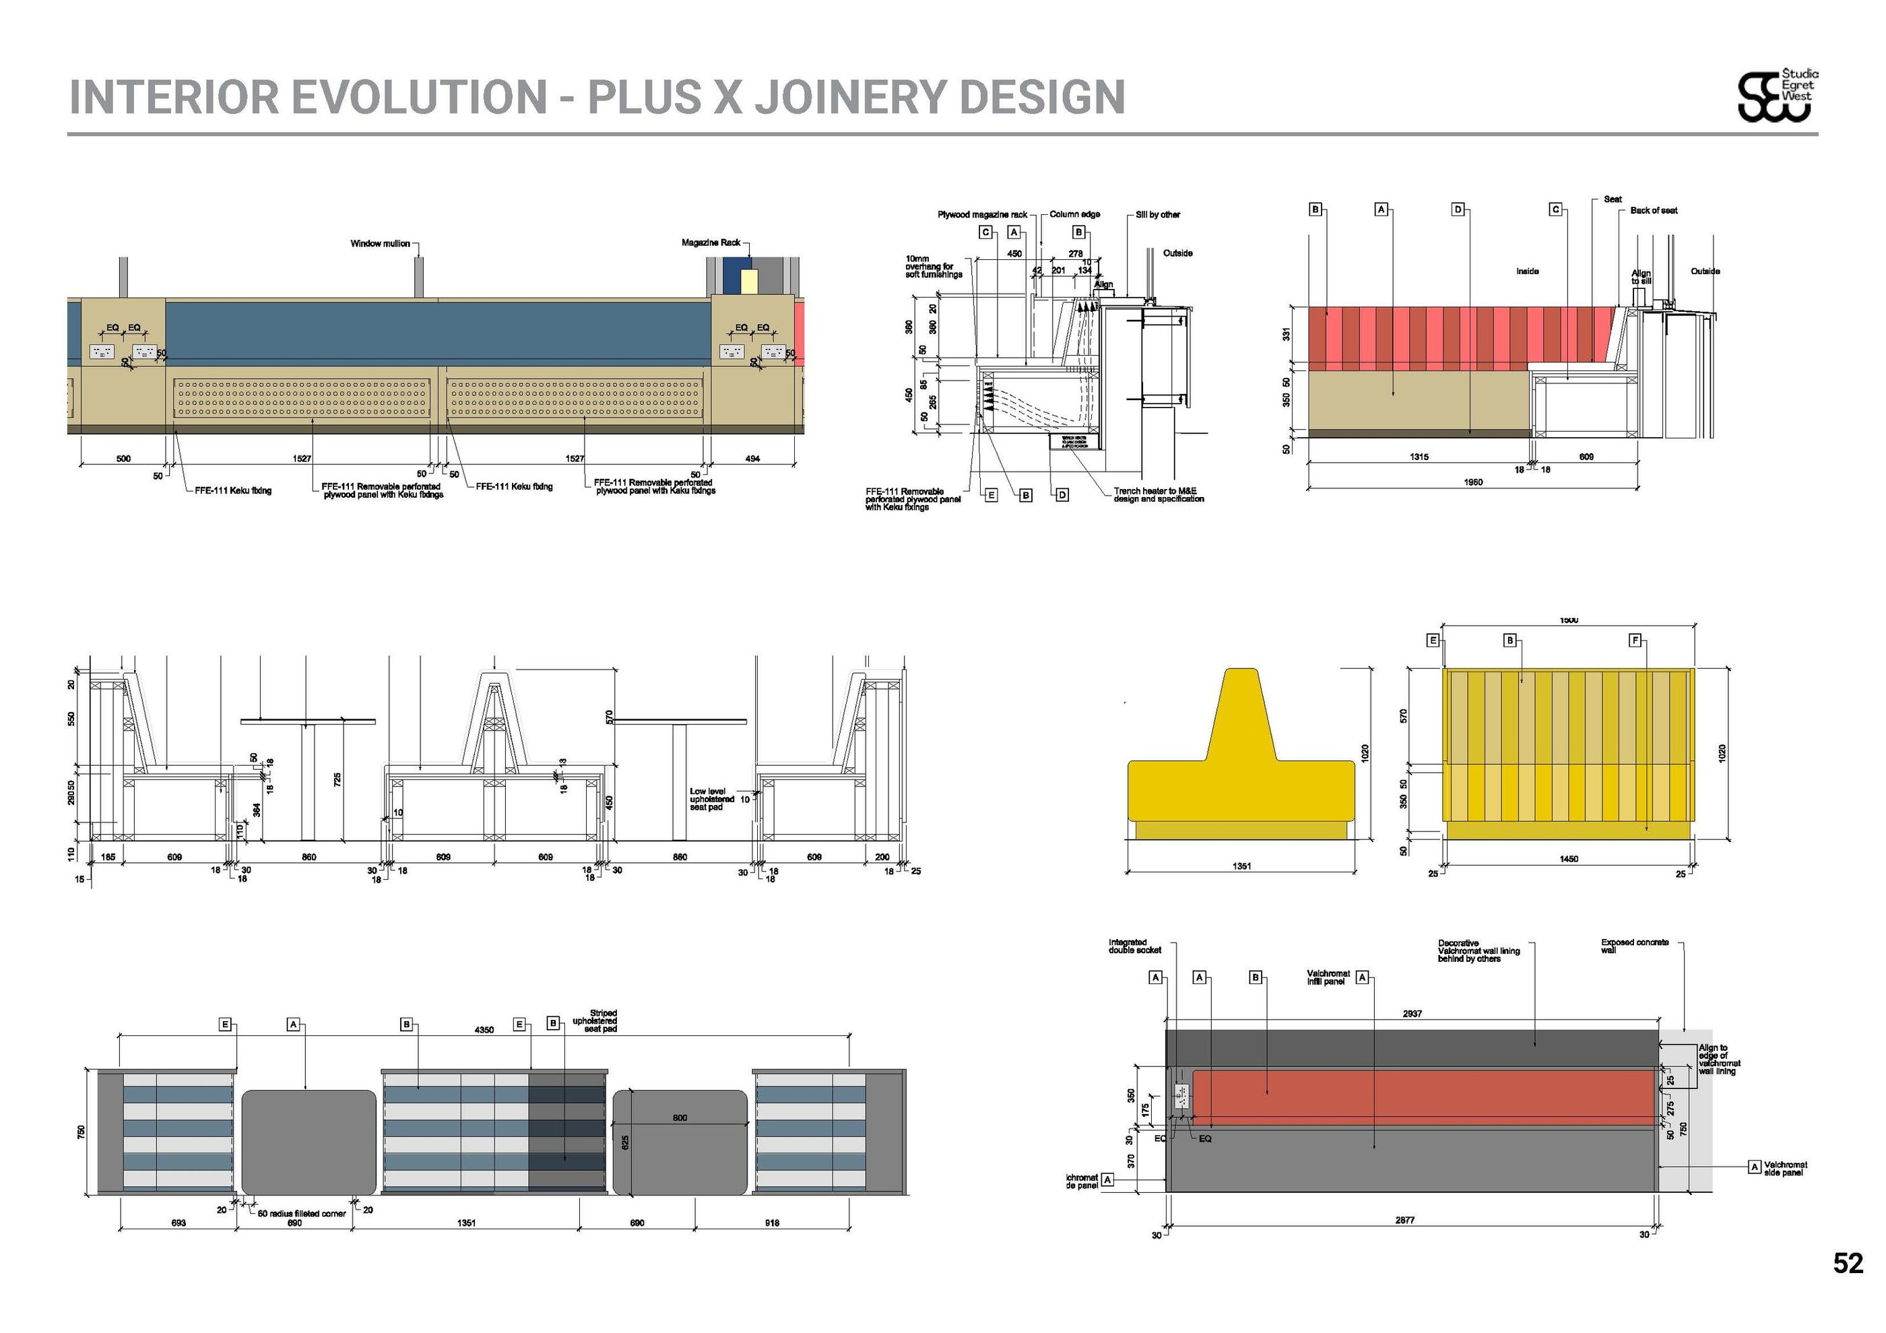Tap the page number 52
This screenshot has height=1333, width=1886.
tap(1848, 1263)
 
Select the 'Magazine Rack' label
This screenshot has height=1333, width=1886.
tap(711, 243)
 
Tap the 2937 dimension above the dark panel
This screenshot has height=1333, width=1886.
tap(1412, 1014)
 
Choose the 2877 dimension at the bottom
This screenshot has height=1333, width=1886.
tap(1404, 1221)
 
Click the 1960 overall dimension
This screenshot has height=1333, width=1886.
tap(1473, 482)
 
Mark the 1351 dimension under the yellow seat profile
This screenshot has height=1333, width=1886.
tap(1241, 866)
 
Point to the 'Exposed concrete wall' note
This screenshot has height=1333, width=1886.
tap(1634, 946)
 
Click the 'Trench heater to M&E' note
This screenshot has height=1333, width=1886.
tap(1159, 495)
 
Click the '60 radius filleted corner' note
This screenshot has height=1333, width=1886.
tap(302, 1213)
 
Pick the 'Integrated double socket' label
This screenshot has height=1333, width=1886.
tap(1134, 946)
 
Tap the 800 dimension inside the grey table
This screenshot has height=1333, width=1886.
tap(680, 1118)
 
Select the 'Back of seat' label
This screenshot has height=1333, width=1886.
tap(1654, 211)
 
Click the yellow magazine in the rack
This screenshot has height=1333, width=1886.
tap(748, 281)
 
